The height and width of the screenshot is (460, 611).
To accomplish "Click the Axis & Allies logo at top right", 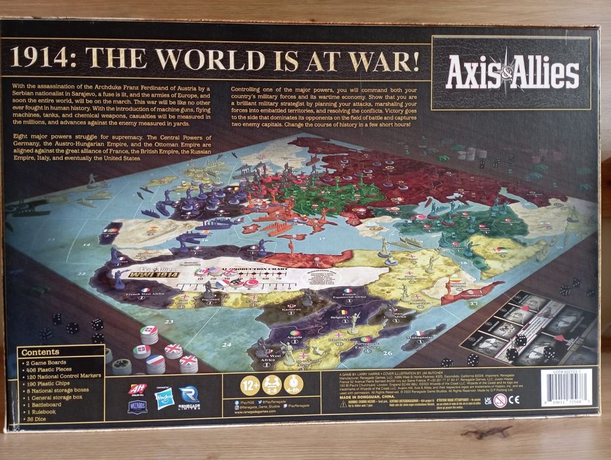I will click(x=512, y=73).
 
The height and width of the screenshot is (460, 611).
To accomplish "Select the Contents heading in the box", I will click(x=40, y=352).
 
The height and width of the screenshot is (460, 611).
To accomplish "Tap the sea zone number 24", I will click(x=228, y=344).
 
